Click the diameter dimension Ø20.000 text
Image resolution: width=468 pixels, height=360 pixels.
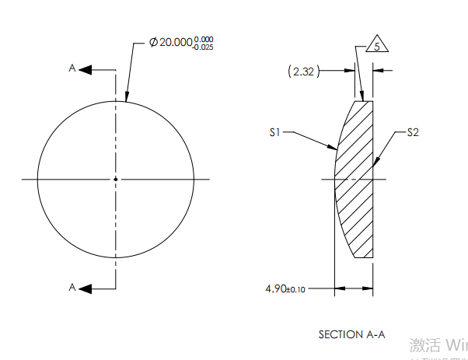point(175,43)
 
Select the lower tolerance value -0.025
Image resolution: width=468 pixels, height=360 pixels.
point(204,47)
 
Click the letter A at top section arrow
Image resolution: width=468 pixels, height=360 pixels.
point(72,69)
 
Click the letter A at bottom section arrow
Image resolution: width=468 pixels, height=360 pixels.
point(72,287)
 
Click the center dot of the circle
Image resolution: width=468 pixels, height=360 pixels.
point(116,180)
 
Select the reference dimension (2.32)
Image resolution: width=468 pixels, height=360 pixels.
point(302,71)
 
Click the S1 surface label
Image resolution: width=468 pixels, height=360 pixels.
point(274,133)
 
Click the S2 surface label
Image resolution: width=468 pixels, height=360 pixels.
point(414,133)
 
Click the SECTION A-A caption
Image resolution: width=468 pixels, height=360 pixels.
point(351,334)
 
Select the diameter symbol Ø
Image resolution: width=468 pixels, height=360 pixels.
point(153,43)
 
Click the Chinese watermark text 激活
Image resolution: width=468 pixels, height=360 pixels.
point(426,344)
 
